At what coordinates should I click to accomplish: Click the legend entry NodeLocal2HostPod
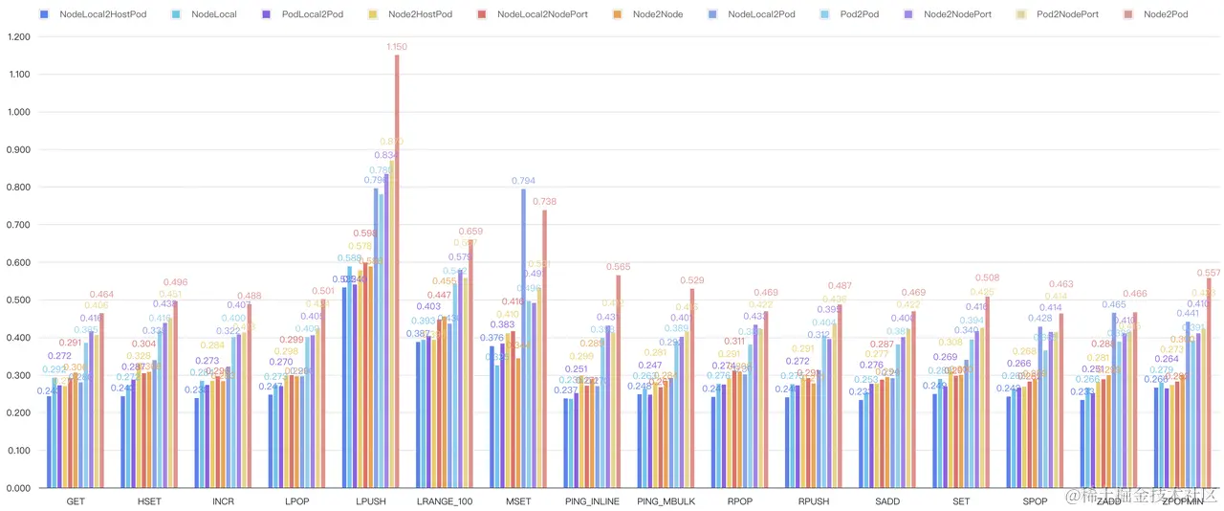(102, 14)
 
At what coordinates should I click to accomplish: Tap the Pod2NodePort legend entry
(1067, 14)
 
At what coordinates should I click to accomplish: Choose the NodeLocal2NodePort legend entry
(542, 14)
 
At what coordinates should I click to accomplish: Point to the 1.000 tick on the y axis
(18, 112)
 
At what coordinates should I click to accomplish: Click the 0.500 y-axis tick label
(18, 300)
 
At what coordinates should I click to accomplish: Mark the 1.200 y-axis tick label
(18, 36)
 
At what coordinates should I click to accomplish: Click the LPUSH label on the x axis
(371, 501)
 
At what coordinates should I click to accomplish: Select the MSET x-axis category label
(517, 501)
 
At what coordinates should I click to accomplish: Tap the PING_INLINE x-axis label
(591, 501)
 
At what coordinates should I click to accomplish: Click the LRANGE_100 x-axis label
(444, 501)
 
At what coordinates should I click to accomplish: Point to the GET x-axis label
(76, 501)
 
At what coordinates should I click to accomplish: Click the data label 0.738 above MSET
(544, 202)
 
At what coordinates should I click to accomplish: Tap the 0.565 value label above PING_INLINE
(618, 267)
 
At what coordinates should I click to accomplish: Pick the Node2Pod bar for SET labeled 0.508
(987, 392)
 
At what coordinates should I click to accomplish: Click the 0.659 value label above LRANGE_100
(470, 232)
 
